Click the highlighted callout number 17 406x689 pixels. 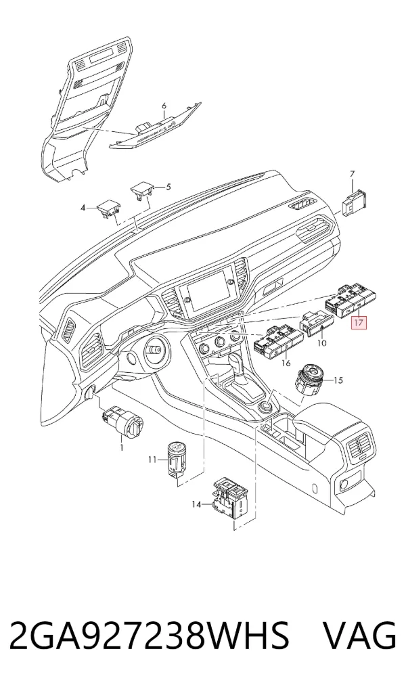358,323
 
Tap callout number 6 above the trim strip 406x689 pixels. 164,106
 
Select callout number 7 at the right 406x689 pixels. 351,175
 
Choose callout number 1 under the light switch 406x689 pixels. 122,448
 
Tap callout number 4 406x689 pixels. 83,208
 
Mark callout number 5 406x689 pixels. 168,187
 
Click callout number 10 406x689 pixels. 321,342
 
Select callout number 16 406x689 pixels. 286,363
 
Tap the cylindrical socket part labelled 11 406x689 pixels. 177,459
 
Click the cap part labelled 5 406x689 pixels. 141,193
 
